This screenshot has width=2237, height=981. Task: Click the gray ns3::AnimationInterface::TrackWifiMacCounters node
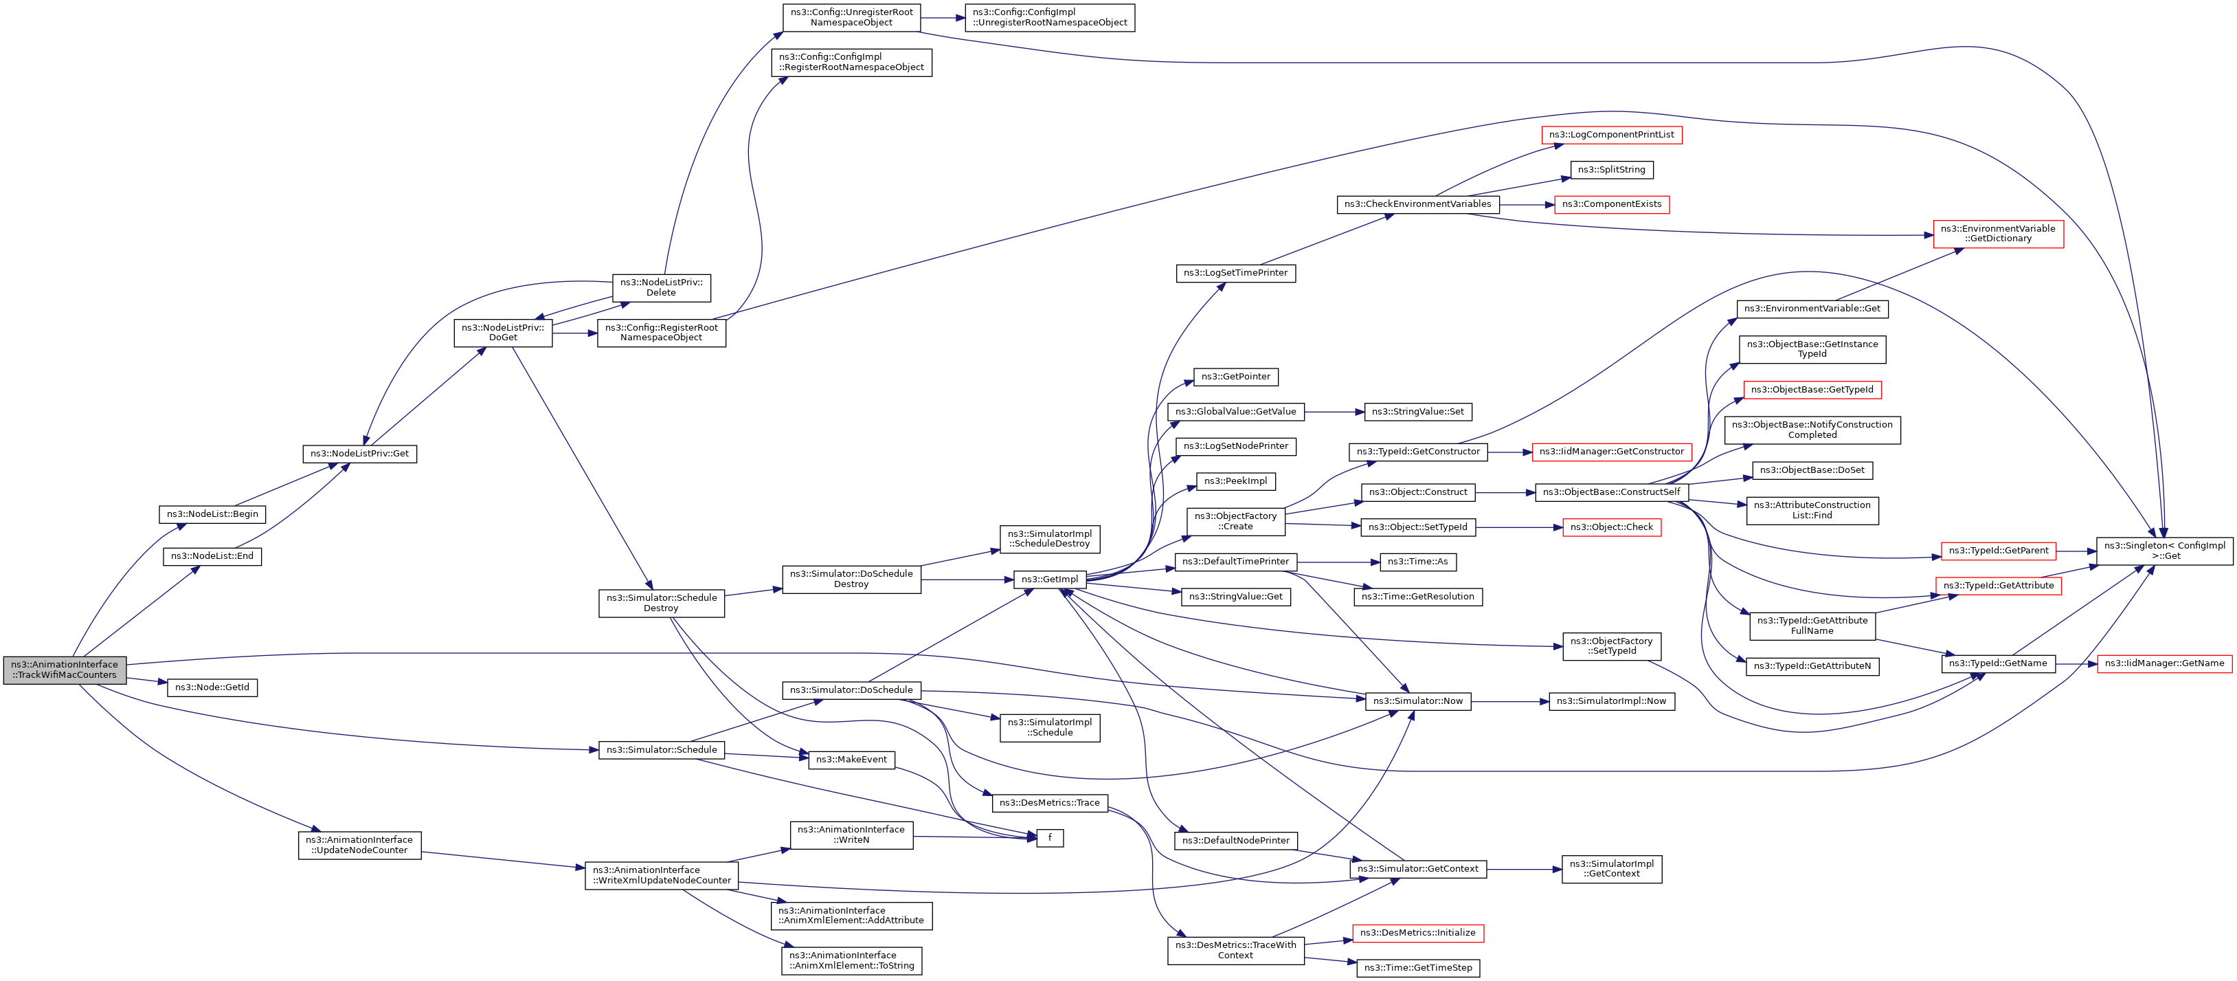(x=65, y=670)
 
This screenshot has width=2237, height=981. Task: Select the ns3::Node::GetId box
(x=212, y=687)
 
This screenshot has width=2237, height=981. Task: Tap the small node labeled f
(x=1050, y=837)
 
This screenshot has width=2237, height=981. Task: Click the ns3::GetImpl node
(x=1049, y=580)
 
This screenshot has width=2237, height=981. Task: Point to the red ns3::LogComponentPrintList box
(x=1612, y=135)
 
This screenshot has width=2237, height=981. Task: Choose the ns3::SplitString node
(x=1611, y=169)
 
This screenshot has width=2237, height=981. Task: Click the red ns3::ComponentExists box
(x=1611, y=204)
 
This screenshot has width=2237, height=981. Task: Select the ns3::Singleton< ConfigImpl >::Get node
(x=2164, y=551)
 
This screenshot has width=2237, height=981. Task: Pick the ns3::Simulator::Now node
(x=1417, y=701)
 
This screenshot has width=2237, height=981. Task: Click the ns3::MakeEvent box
(x=851, y=760)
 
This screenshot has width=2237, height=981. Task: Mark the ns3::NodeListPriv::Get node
(x=359, y=454)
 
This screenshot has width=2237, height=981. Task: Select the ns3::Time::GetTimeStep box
(x=1417, y=968)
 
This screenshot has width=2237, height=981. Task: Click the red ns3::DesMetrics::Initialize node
(x=1417, y=933)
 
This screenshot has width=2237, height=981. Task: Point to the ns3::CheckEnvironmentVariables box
(x=1417, y=204)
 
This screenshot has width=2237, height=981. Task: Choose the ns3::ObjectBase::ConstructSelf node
(x=1611, y=492)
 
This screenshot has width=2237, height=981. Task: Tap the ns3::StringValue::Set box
(x=1417, y=412)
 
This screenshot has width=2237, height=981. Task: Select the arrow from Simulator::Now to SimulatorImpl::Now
(x=1509, y=701)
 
